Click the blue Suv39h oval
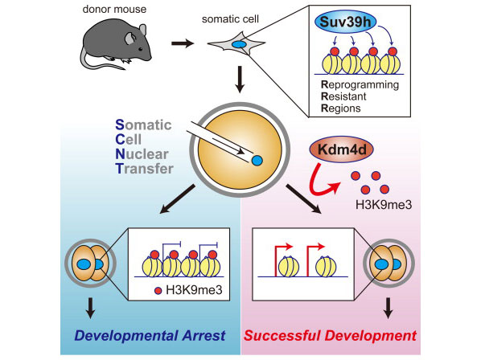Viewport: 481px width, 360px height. (x=345, y=22)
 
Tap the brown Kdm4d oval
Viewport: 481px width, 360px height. (x=342, y=149)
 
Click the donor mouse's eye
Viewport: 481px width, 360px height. (x=140, y=48)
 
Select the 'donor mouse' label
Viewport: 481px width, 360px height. (x=114, y=9)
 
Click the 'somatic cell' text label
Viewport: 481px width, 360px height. (x=230, y=19)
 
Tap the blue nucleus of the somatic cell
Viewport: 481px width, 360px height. (x=239, y=44)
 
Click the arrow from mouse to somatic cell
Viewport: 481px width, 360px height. (x=183, y=43)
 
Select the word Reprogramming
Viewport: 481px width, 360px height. (x=360, y=85)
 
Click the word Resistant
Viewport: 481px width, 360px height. (x=343, y=96)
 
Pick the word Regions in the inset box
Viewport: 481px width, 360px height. (x=341, y=108)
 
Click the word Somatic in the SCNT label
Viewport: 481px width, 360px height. (x=143, y=125)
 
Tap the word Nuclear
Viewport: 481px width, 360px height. (x=142, y=154)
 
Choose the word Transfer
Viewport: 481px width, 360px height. (x=145, y=169)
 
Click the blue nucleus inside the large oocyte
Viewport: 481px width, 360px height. (x=257, y=160)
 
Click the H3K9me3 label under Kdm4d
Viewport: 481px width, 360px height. (x=384, y=204)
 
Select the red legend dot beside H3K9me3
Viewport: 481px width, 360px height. (x=158, y=290)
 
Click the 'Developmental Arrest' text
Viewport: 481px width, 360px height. (x=150, y=336)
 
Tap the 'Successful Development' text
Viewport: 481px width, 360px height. (x=330, y=336)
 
